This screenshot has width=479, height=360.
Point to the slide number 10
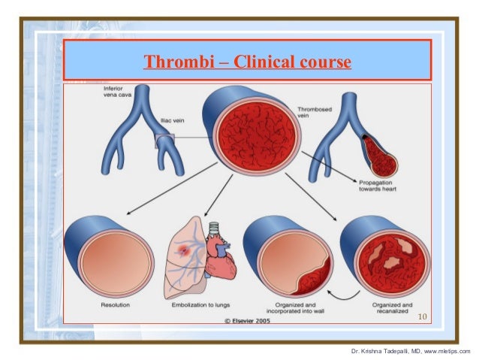click(x=423, y=316)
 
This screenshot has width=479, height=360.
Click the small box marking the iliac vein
click(x=164, y=141)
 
